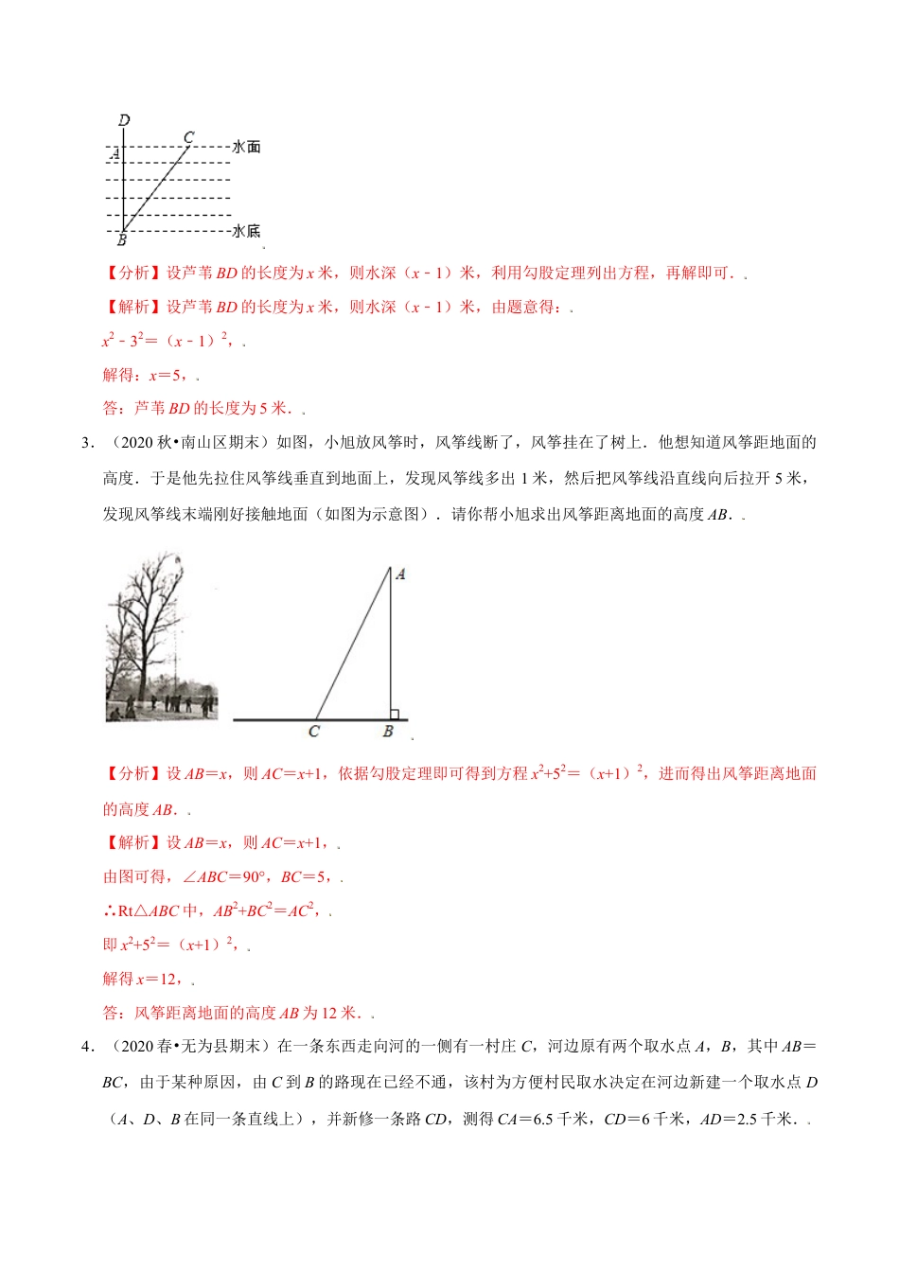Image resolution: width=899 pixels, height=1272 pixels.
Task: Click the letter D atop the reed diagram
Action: (x=124, y=120)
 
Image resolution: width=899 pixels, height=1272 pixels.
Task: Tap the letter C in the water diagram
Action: (x=188, y=137)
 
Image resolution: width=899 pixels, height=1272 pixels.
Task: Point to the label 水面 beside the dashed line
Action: (x=246, y=147)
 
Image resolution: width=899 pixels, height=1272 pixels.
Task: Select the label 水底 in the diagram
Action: (x=246, y=231)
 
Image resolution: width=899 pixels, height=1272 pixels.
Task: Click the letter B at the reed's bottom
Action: (x=122, y=240)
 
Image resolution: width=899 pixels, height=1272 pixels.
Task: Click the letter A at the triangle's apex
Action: (x=400, y=574)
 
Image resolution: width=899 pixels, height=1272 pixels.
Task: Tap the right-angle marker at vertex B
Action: (x=394, y=715)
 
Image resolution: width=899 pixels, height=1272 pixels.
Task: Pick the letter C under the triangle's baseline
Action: (x=314, y=732)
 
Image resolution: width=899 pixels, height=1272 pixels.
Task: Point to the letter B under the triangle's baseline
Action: (x=388, y=732)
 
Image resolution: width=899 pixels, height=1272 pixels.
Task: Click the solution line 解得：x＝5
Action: (x=149, y=375)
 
